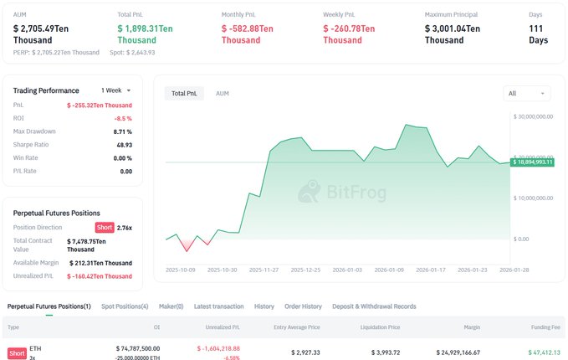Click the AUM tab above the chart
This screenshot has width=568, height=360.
223,93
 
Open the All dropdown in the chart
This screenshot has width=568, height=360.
527,93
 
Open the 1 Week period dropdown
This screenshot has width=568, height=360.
116,90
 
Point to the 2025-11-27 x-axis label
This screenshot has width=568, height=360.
263,270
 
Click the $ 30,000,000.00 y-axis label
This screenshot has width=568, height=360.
538,117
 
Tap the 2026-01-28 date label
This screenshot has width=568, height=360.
514,270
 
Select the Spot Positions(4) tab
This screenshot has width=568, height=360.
125,306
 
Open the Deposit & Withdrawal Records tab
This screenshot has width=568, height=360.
374,306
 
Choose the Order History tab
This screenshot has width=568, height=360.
303,306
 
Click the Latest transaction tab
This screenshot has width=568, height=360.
218,306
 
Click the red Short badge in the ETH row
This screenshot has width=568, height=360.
16,352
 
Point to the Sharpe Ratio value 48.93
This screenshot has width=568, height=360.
123,145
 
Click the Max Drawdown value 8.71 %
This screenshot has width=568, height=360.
123,131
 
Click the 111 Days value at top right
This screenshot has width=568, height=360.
540,34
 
